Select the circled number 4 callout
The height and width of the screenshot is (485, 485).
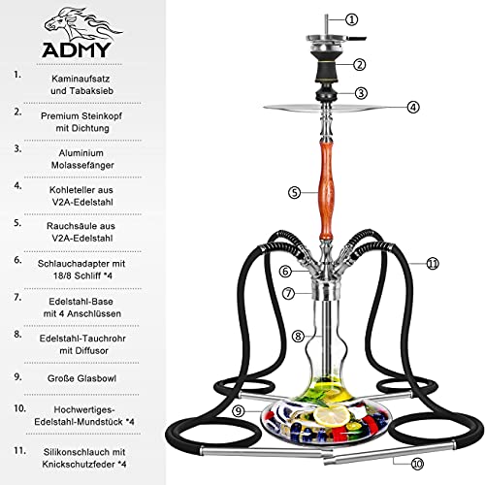point(413,107)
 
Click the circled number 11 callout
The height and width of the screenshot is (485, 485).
point(433,262)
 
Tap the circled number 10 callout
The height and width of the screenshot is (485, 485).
point(417,464)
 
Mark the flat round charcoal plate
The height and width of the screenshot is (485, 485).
point(331,108)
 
